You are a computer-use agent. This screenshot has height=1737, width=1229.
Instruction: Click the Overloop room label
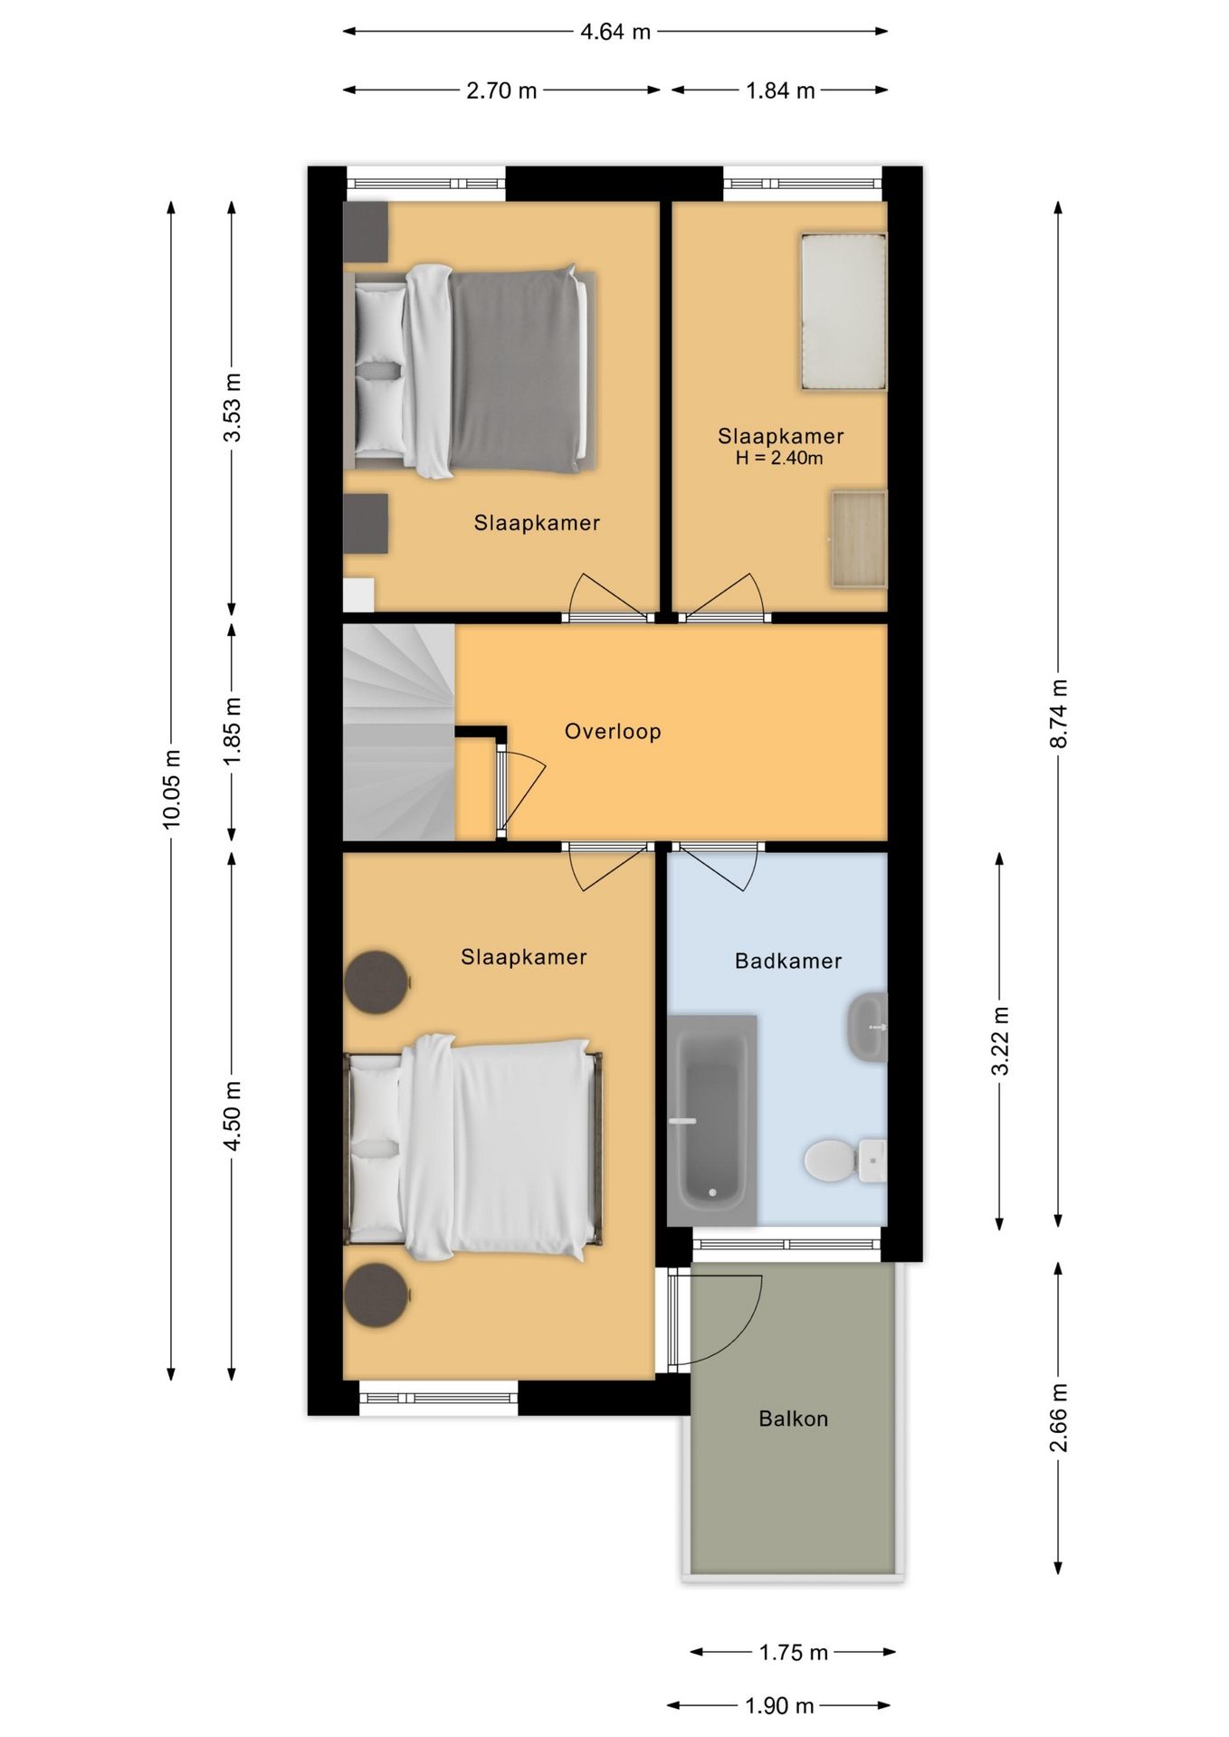[x=613, y=731]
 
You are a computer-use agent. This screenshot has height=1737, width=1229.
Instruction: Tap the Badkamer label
[x=788, y=961]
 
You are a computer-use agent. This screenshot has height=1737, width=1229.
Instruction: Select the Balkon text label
[x=794, y=1419]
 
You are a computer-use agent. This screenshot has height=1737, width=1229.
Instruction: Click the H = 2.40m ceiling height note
[x=779, y=458]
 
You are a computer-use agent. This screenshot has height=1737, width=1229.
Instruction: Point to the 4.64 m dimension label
[x=615, y=32]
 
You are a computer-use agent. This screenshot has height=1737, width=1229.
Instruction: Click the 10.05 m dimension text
[x=172, y=789]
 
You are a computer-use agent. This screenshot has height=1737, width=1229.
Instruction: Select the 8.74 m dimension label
[x=1059, y=713]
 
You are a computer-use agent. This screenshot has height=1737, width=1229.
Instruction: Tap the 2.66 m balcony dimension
[x=1059, y=1418]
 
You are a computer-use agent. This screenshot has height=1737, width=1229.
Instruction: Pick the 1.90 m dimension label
[x=780, y=1706]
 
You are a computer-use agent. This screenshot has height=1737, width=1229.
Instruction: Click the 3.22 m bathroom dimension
[x=1000, y=1040]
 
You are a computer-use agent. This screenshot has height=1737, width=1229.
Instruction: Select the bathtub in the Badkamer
[x=712, y=1120]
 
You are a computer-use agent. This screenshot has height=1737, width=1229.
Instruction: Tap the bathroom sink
[x=868, y=1027]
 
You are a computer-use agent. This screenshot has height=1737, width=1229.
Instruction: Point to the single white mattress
[x=843, y=312]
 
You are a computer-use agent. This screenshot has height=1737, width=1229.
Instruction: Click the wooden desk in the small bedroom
[x=859, y=539]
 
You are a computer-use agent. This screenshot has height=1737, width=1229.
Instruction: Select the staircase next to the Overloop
[x=399, y=733]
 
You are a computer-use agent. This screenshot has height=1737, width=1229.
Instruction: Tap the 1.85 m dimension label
[x=233, y=731]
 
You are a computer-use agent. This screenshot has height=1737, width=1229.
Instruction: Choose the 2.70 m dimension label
[x=501, y=90]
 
